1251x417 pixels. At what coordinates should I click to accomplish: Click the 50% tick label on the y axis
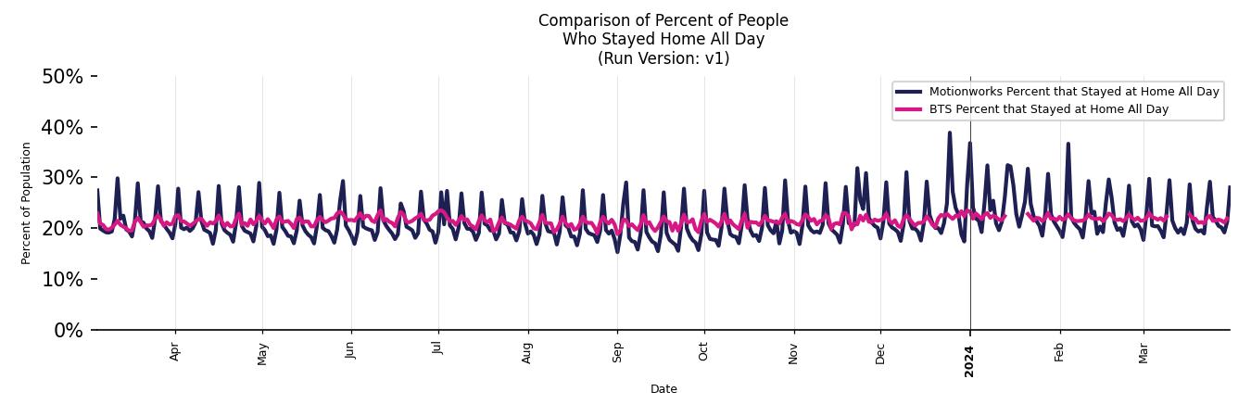click(62, 77)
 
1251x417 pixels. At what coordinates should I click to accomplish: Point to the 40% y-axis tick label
click(62, 127)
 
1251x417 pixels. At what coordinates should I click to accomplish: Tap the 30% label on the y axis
click(62, 178)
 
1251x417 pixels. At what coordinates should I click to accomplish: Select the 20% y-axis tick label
click(62, 229)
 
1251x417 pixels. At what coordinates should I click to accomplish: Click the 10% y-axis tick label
click(62, 280)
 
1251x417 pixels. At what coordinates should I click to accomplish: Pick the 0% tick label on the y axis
click(68, 331)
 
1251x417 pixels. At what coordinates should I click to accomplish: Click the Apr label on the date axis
click(175, 352)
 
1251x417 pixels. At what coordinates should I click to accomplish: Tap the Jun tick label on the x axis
click(350, 350)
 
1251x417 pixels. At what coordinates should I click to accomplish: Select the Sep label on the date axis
click(617, 352)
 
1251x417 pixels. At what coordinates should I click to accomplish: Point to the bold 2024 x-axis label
click(969, 360)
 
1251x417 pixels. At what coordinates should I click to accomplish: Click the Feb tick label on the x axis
click(1059, 352)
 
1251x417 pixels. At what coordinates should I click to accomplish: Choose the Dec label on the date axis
click(880, 353)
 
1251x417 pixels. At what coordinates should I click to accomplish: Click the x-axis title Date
click(663, 389)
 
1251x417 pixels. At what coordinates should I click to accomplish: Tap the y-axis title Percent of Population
click(27, 203)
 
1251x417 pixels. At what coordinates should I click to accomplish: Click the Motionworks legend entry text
click(1074, 92)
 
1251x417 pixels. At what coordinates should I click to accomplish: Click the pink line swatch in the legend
click(909, 109)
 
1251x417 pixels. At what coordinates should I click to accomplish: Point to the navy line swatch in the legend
click(909, 92)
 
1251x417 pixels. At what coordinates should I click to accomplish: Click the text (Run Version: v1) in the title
click(663, 58)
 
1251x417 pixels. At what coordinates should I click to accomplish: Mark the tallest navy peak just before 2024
click(949, 133)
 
